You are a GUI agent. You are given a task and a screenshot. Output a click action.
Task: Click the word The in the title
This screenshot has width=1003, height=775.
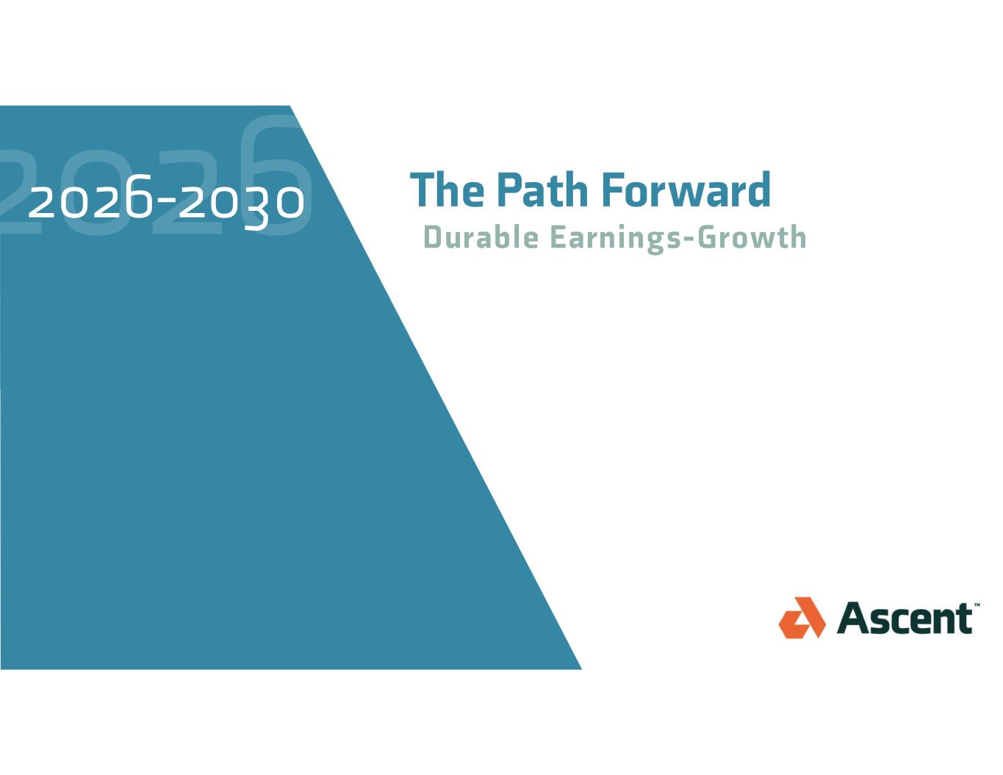tap(447, 190)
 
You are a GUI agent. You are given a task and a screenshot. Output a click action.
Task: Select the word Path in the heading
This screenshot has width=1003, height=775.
tap(543, 190)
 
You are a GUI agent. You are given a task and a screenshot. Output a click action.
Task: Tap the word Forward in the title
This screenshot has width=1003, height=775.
tap(686, 190)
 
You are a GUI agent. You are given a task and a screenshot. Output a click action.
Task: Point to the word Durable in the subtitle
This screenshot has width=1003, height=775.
tap(481, 237)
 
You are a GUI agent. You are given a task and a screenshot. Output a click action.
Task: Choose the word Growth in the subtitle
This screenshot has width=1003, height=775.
tap(752, 237)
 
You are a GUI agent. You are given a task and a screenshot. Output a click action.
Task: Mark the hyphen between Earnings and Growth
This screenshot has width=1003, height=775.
tap(689, 240)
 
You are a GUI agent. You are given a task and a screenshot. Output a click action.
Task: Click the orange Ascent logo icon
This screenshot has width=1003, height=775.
tap(802, 618)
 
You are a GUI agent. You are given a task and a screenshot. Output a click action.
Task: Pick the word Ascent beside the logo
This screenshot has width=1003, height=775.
tap(905, 619)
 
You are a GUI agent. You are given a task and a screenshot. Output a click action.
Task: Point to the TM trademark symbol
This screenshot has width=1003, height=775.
tap(977, 605)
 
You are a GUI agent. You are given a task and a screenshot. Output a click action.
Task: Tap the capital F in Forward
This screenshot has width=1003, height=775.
tap(613, 190)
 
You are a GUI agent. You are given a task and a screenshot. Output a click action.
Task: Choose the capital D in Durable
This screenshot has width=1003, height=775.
tap(433, 237)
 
